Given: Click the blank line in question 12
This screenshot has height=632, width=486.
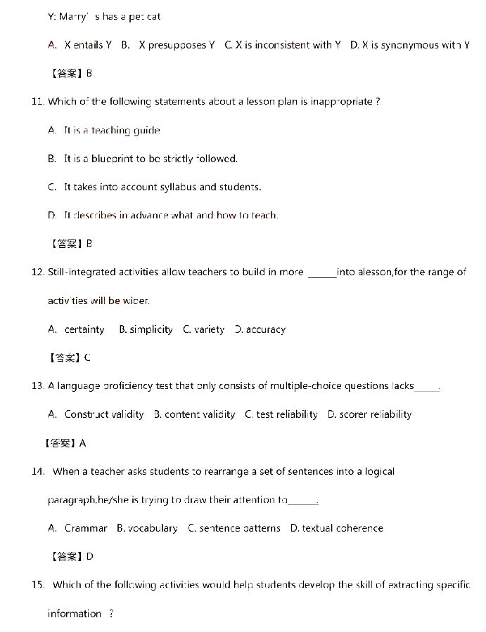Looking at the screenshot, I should (x=322, y=273).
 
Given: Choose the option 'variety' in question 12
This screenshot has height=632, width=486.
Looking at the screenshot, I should (x=210, y=329).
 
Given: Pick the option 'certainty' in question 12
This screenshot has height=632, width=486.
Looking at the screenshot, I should (x=84, y=329).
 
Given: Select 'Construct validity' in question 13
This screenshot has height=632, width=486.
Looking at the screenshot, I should (x=104, y=414).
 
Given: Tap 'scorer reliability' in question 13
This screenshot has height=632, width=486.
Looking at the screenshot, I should (x=375, y=414).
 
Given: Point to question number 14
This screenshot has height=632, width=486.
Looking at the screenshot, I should (x=38, y=471).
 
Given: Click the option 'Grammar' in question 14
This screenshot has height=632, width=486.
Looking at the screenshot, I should (x=86, y=528).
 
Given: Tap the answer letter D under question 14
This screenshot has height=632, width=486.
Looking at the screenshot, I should (x=89, y=557).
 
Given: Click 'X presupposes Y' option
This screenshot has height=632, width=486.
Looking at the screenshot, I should (x=177, y=45).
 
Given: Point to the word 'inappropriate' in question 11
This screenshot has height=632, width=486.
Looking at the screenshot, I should (x=343, y=102).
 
